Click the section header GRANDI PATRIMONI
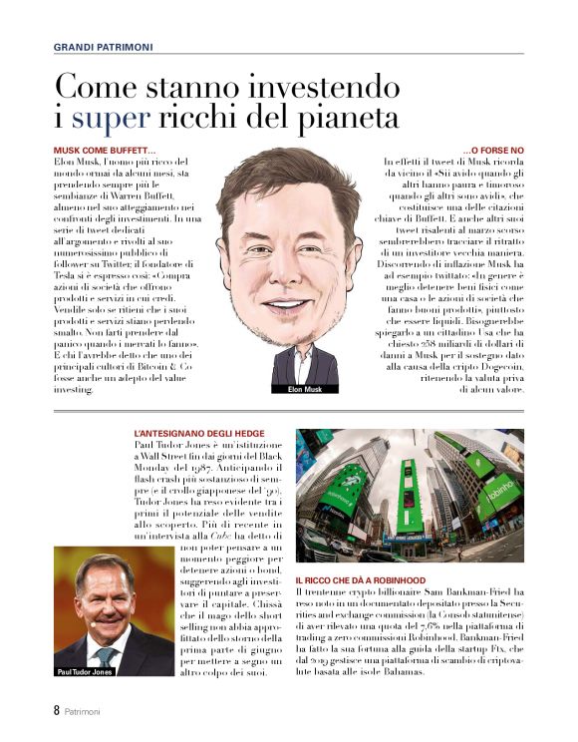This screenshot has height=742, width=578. pyautogui.click(x=104, y=46)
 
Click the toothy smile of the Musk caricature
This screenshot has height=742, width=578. pyautogui.click(x=288, y=304)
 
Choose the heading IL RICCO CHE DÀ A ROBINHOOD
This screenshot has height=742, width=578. pyautogui.click(x=375, y=579)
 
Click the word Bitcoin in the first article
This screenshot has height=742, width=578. pyautogui.click(x=153, y=366)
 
